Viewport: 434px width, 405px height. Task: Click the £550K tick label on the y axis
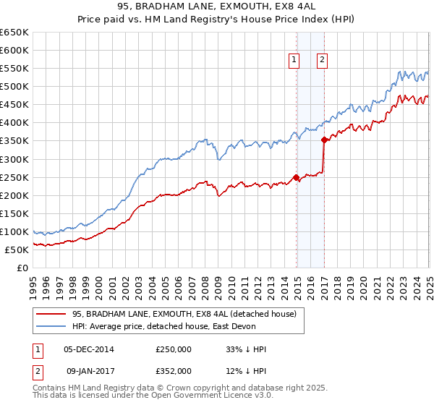tap(14, 69)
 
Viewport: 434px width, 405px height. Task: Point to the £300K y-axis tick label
tap(14, 159)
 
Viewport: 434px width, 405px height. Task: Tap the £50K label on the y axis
tap(17, 250)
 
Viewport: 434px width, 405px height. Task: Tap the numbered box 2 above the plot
tap(322, 61)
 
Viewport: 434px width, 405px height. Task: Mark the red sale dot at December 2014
tap(297, 177)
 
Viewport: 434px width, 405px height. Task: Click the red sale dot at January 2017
tap(324, 140)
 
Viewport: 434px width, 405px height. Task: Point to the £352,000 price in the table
tap(174, 370)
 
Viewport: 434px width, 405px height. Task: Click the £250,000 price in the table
tap(174, 349)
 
